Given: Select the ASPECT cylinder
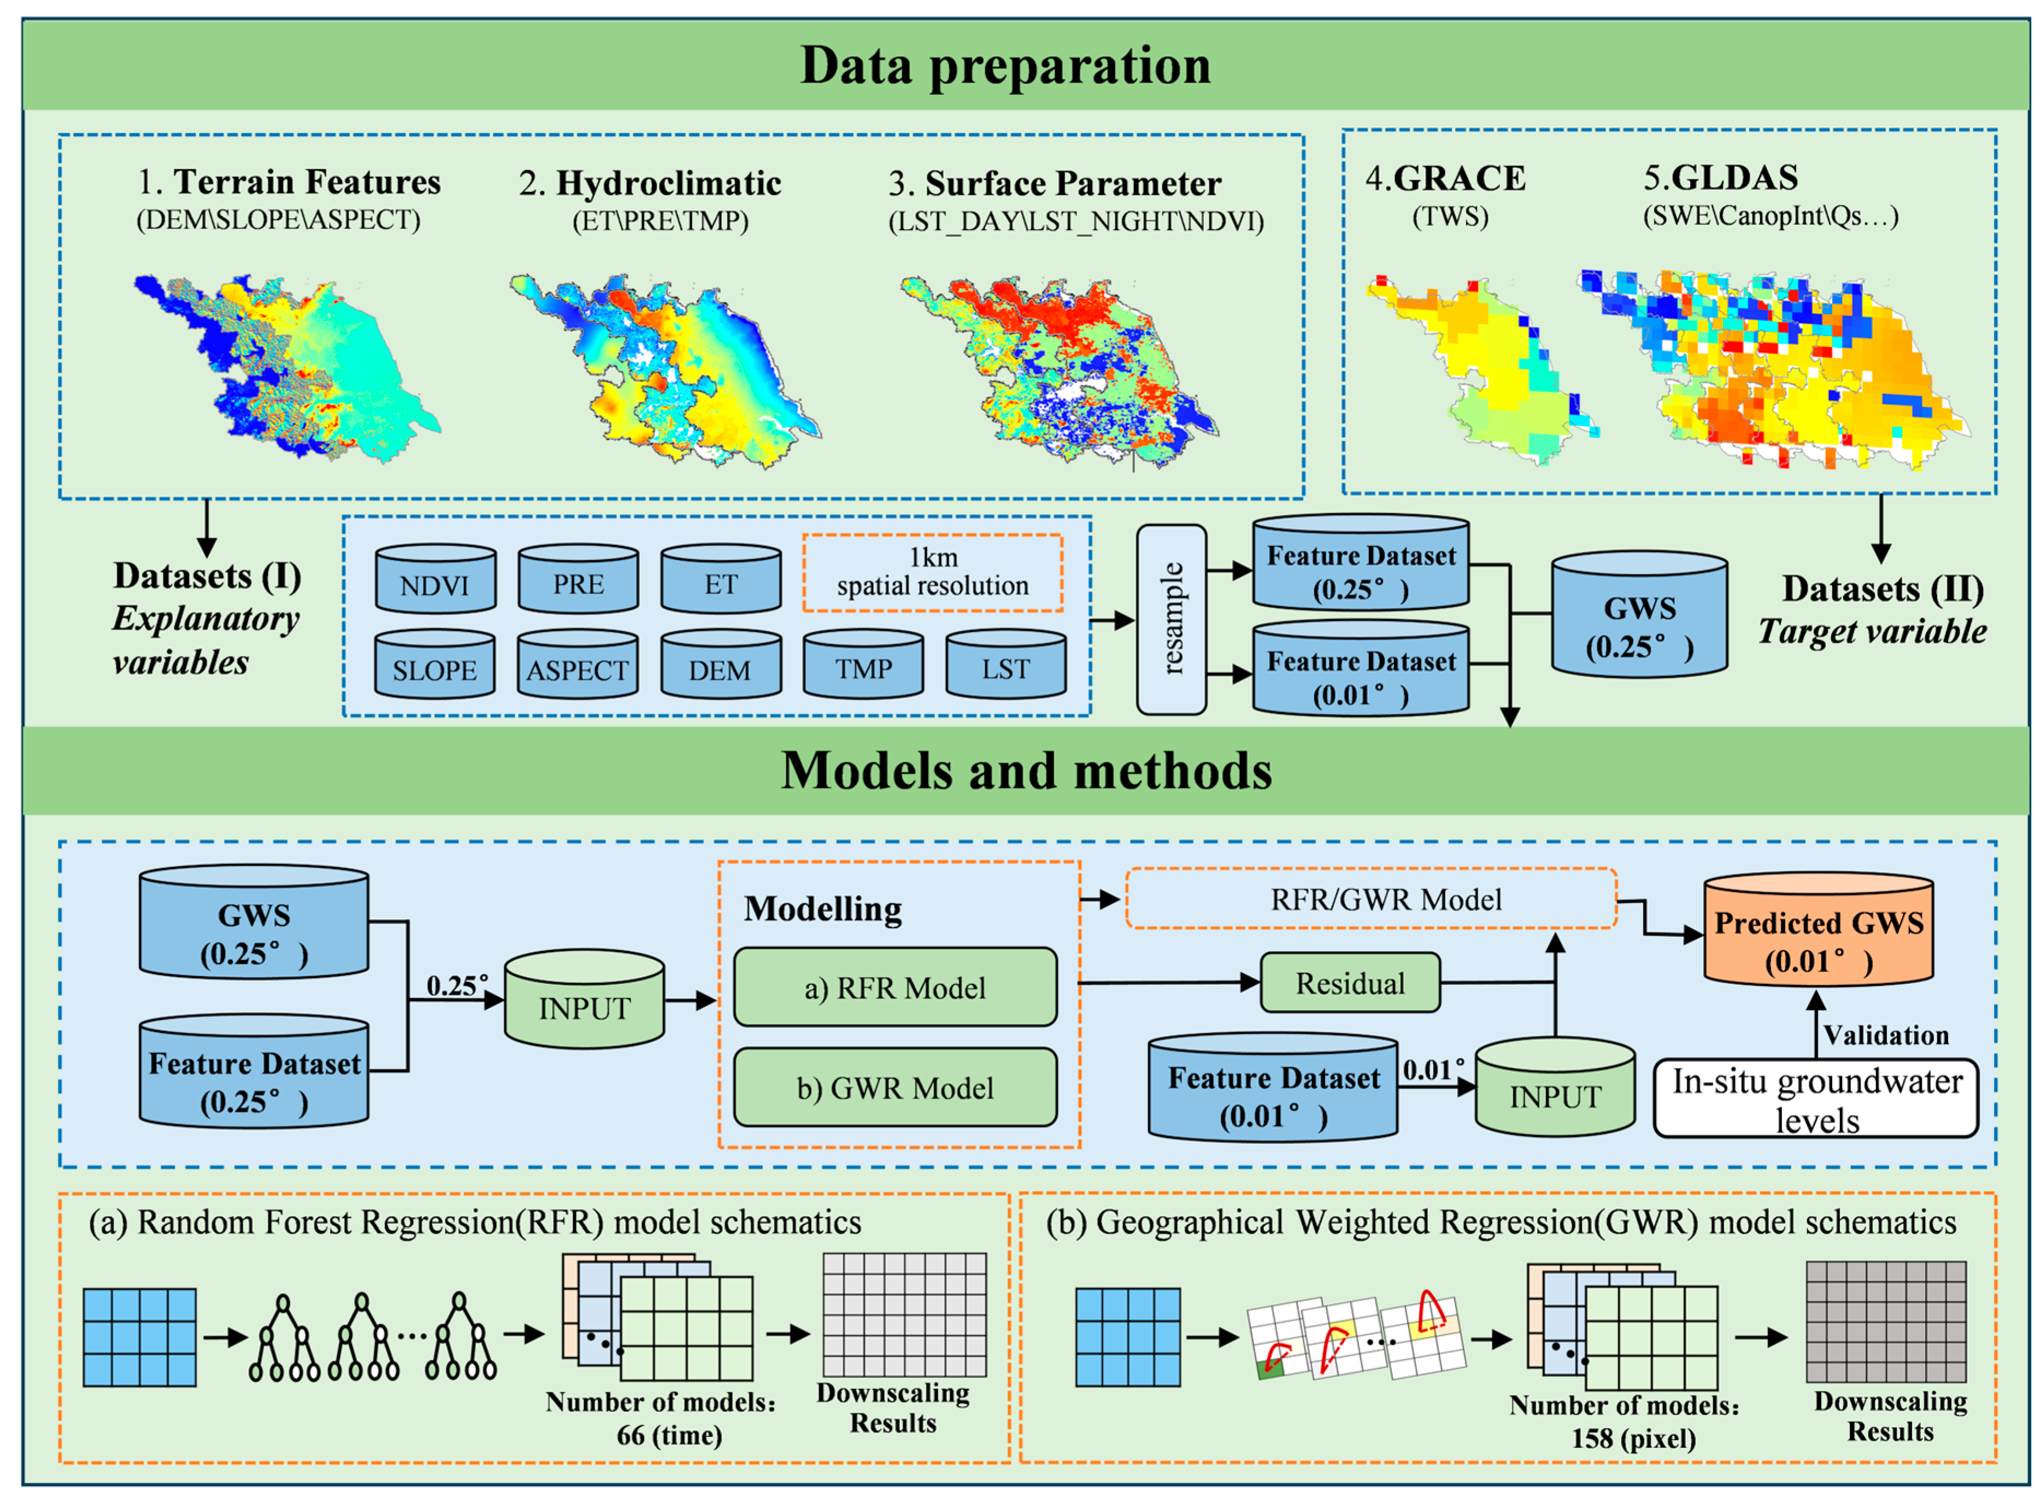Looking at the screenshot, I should click(577, 667).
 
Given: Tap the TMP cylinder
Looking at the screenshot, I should click(862, 667).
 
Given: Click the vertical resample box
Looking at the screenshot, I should click(1171, 620).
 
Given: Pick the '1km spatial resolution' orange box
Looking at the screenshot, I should click(932, 572).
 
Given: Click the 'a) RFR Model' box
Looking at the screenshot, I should click(894, 987).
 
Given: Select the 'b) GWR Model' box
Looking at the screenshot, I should click(894, 1088).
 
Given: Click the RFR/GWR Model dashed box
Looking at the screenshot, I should click(1370, 899).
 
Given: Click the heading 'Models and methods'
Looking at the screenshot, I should click(1026, 770).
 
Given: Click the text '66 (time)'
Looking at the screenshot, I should click(668, 1435).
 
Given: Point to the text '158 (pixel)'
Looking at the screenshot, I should click(1632, 1438).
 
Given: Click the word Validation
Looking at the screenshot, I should click(1885, 1035).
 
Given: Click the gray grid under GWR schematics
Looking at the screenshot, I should click(1885, 1322).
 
